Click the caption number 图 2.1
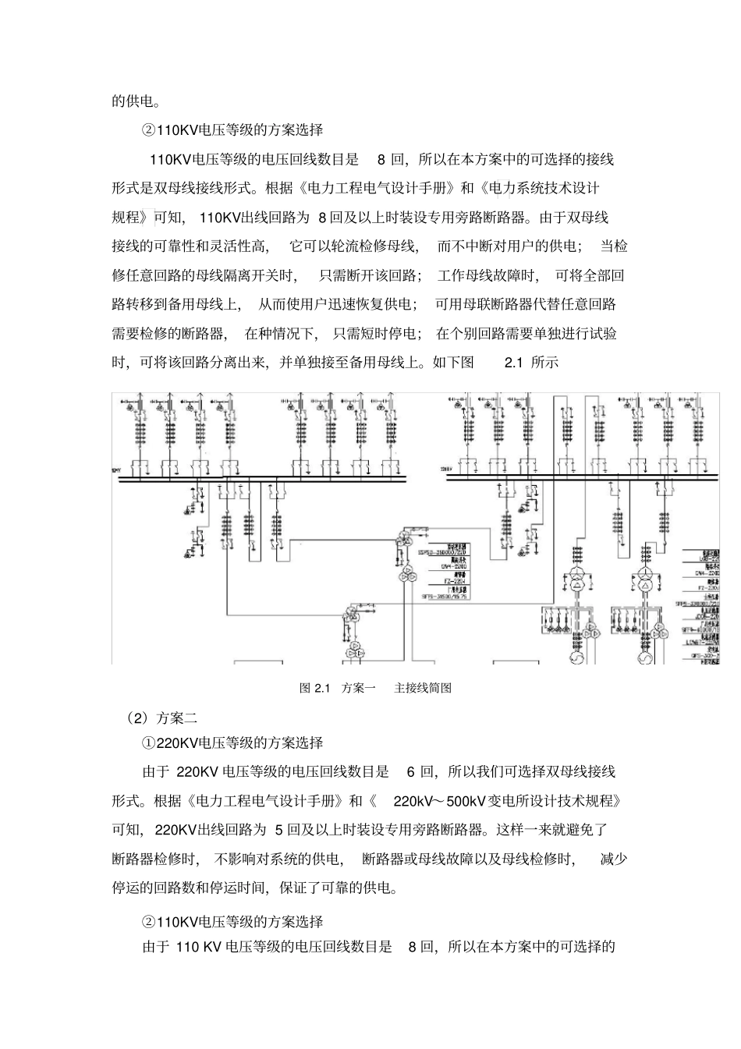point(316,688)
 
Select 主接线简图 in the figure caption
point(423,688)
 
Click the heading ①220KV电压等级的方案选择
point(232,742)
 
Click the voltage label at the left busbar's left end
point(117,470)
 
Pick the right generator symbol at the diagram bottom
point(645,660)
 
